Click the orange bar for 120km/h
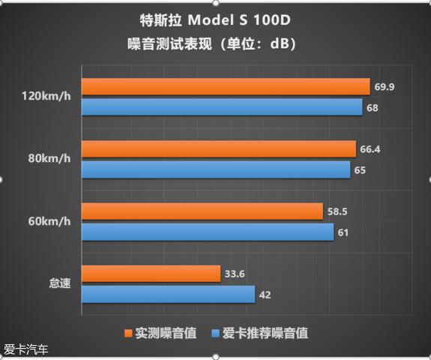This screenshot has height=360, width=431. [225, 87]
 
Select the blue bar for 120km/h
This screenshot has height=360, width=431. [221, 107]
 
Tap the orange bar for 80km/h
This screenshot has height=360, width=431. [217, 149]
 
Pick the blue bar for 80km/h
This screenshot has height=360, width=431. [215, 169]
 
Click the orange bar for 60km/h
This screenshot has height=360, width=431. [201, 212]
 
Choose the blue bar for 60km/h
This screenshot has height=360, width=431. [206, 232]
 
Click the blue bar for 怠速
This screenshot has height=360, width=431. [167, 294]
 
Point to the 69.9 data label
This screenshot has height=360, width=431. [384, 88]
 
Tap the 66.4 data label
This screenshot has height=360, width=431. [370, 149]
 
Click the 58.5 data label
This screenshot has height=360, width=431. [337, 212]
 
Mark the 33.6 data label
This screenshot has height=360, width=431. [235, 274]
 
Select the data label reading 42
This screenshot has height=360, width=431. [265, 295]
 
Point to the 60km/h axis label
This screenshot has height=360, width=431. [49, 222]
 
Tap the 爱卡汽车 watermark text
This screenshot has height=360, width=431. [26, 349]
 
